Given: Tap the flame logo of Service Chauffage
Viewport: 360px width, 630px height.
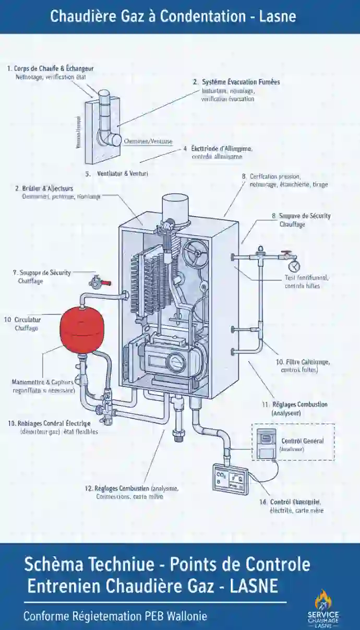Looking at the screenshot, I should coord(323,600).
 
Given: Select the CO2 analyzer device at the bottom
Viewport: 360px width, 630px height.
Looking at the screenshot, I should coord(229,479).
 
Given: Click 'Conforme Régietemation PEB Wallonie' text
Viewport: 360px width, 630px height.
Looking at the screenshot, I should coord(115,616).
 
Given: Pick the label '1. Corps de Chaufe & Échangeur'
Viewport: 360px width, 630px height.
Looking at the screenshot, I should coord(50,68).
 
